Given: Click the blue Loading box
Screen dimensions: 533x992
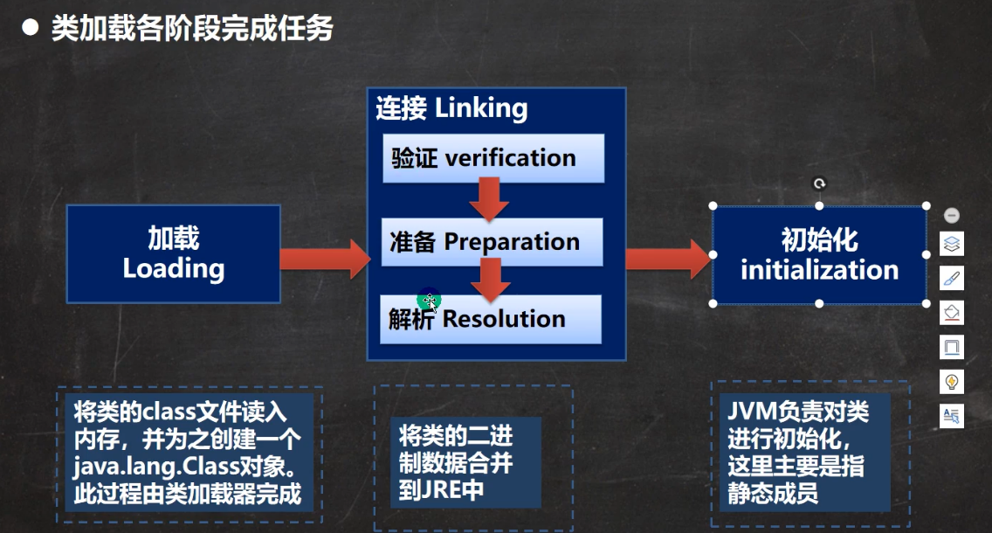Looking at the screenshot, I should point(173,253).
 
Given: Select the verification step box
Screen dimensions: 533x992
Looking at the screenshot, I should point(493,158).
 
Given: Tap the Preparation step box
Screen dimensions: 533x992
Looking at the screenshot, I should point(493,242).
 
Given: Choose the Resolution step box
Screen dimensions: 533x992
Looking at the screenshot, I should point(493,319).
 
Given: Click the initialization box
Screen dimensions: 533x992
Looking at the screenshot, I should point(819,255).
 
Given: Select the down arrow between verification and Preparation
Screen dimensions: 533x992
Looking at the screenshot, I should point(489,199).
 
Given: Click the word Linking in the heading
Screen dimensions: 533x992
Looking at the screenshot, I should point(481,108).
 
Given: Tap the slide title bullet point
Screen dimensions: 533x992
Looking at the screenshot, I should point(31,29).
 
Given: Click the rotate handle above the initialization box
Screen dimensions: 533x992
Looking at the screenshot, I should point(819,183).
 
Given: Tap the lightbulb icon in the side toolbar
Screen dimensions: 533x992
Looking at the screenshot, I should point(952,382).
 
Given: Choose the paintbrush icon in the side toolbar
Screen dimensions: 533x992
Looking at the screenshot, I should point(952,279).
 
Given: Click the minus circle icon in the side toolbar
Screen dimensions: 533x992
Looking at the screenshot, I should point(952,215).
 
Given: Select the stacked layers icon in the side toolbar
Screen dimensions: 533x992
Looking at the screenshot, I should point(952,244).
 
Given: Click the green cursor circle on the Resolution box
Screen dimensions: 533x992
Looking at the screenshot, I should point(429,300).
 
